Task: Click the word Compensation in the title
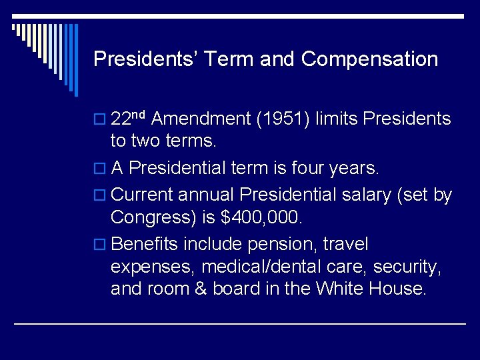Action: (369, 59)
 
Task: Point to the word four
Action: (306, 168)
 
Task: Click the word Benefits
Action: (143, 244)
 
